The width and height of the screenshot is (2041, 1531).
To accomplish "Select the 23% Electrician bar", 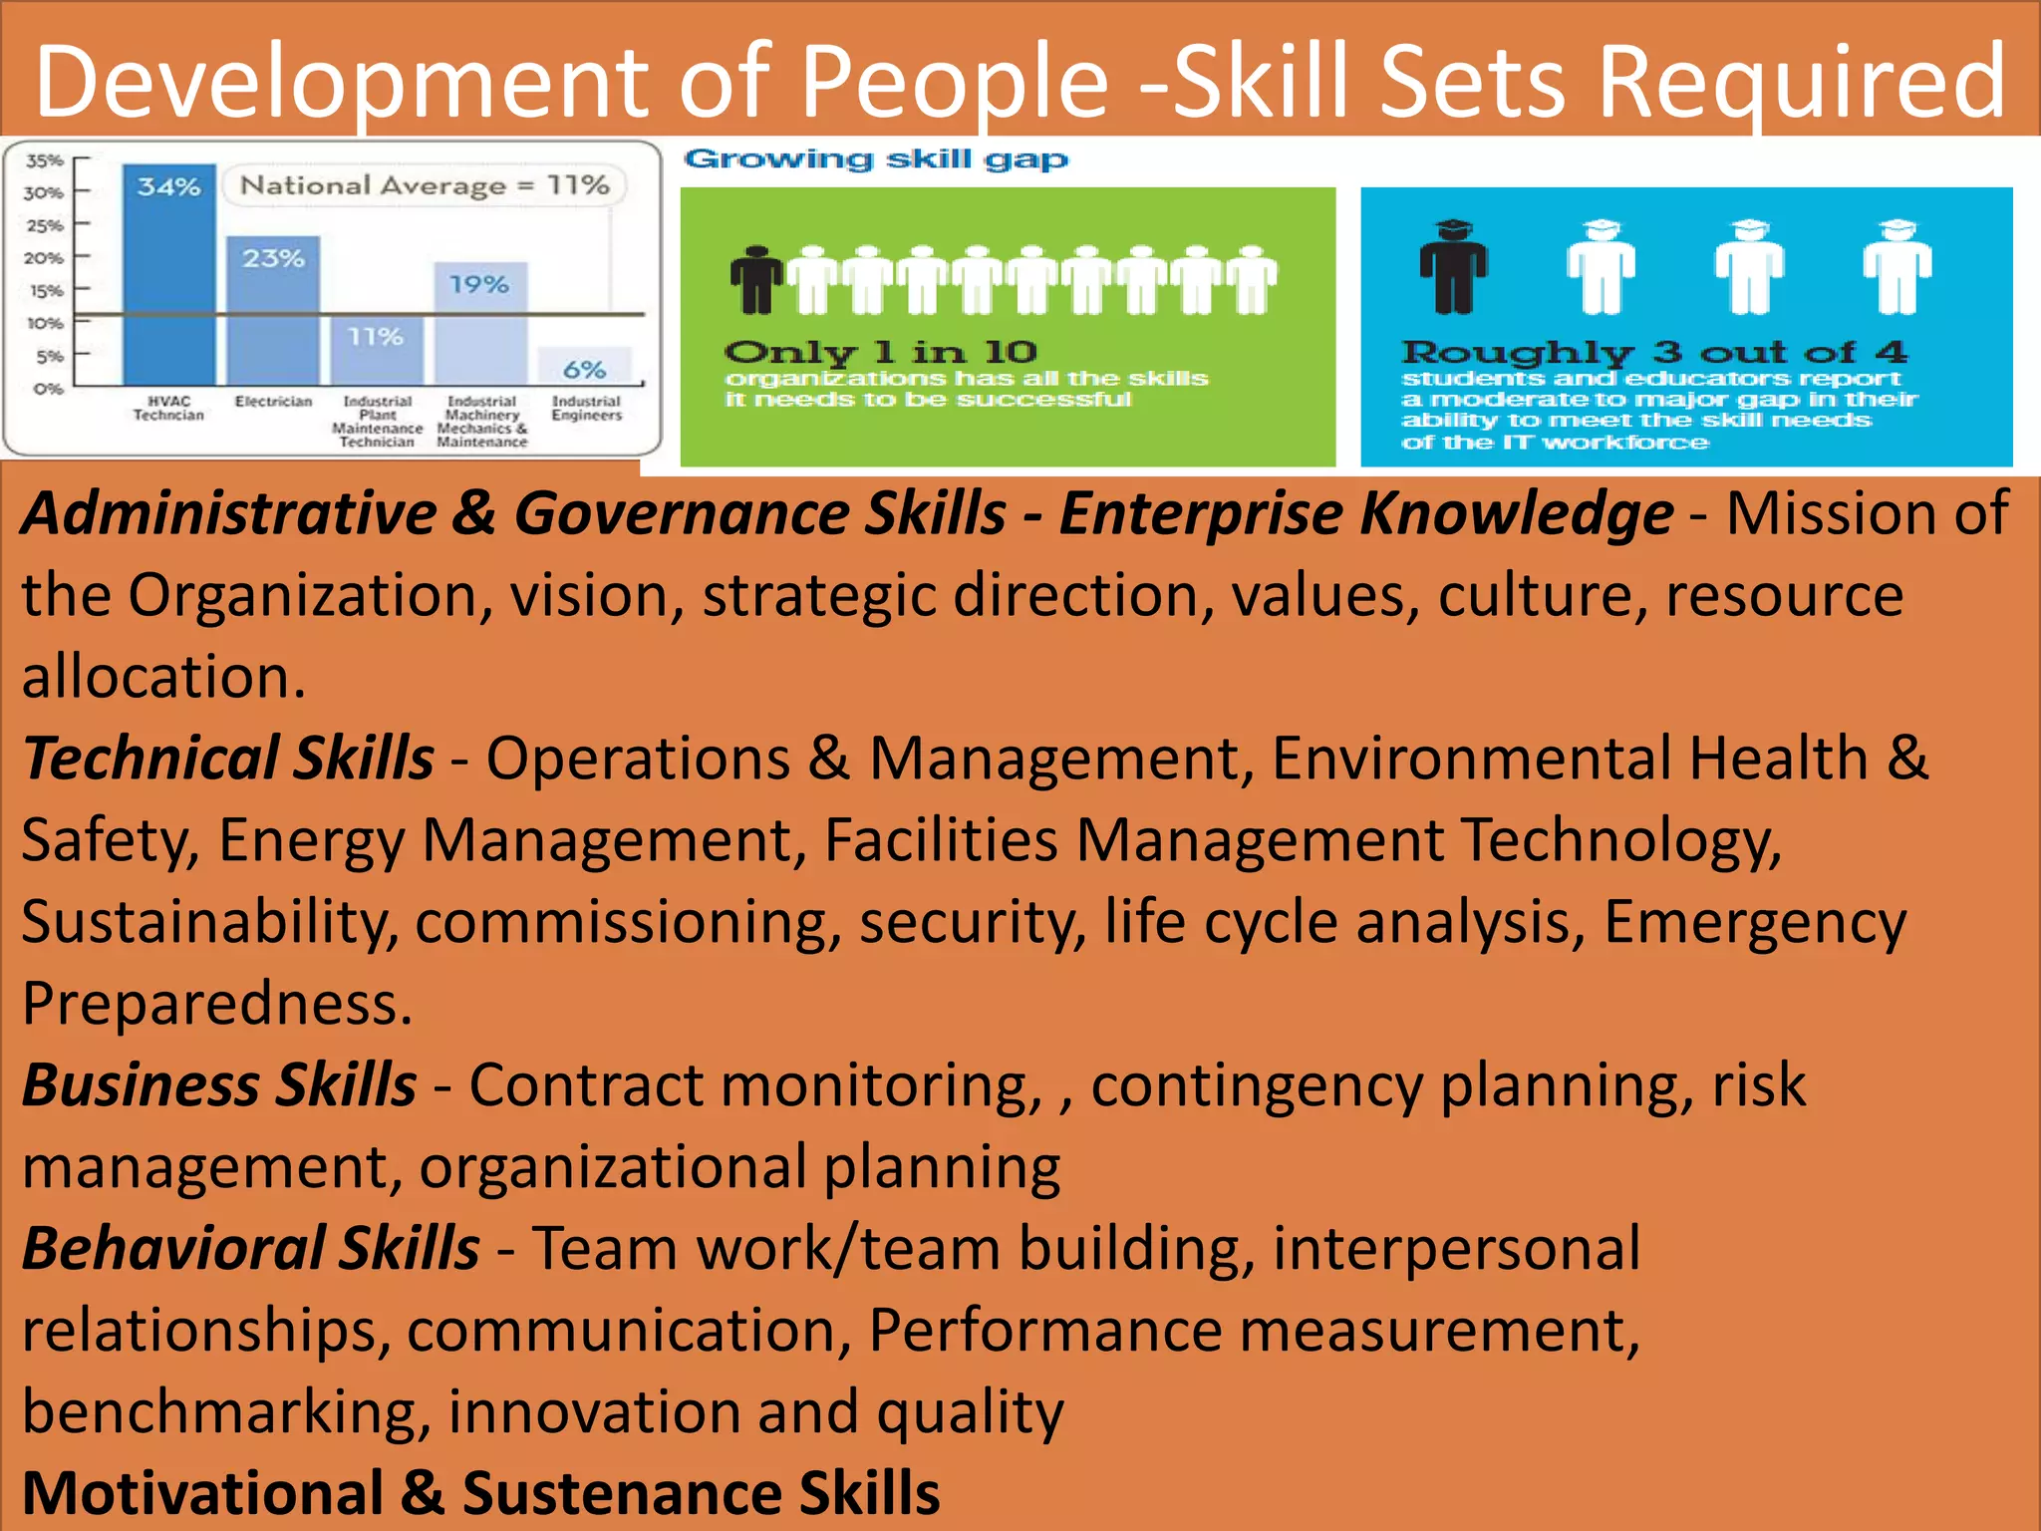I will point(273,309).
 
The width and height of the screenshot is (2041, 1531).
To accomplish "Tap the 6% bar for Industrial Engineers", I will point(585,366).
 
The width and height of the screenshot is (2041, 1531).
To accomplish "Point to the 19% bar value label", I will point(479,285).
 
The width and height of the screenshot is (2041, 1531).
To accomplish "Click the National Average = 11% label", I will point(425,185).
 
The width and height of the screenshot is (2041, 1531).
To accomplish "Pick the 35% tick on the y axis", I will point(45,160).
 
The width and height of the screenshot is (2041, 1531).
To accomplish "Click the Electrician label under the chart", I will point(273,402).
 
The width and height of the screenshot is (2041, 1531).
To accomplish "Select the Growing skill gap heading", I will point(876,159).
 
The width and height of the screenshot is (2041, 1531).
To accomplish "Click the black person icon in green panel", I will point(756,280).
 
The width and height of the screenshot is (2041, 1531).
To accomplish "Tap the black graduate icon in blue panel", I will point(1454,267).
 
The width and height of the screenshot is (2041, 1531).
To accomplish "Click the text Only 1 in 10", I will point(881,352).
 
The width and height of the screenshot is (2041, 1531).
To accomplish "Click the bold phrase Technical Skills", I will point(228,759).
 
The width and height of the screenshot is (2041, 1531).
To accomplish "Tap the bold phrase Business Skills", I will point(219,1085).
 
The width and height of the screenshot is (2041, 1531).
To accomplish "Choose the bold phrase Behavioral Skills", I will point(251,1249).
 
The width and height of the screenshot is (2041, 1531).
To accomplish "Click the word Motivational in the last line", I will point(203,1493).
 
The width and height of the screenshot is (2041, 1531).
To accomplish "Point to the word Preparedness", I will point(216,1004).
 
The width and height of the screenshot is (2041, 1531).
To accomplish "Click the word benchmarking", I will point(226,1412).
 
